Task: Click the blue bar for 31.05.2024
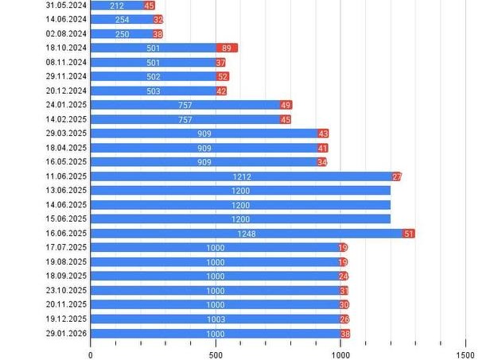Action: tap(117, 5)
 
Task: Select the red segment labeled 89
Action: tap(227, 48)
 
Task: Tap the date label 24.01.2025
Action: tap(67, 105)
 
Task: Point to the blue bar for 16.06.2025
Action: tap(247, 234)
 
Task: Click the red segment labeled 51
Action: tap(409, 234)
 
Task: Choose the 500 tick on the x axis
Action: tap(216, 354)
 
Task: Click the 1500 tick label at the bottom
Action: tap(465, 354)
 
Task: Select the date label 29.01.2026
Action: tap(67, 334)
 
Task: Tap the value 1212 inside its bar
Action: tap(242, 176)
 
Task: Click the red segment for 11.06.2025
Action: tap(396, 176)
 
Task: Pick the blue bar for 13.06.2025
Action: tap(240, 191)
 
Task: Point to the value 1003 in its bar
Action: tap(216, 319)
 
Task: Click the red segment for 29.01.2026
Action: tap(345, 334)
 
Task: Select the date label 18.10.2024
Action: tap(67, 48)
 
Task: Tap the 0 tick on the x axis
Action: tap(91, 354)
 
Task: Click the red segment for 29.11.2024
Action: tap(223, 76)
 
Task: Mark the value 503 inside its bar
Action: tap(154, 91)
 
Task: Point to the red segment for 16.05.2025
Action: tap(321, 162)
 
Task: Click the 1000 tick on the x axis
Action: tap(340, 354)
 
